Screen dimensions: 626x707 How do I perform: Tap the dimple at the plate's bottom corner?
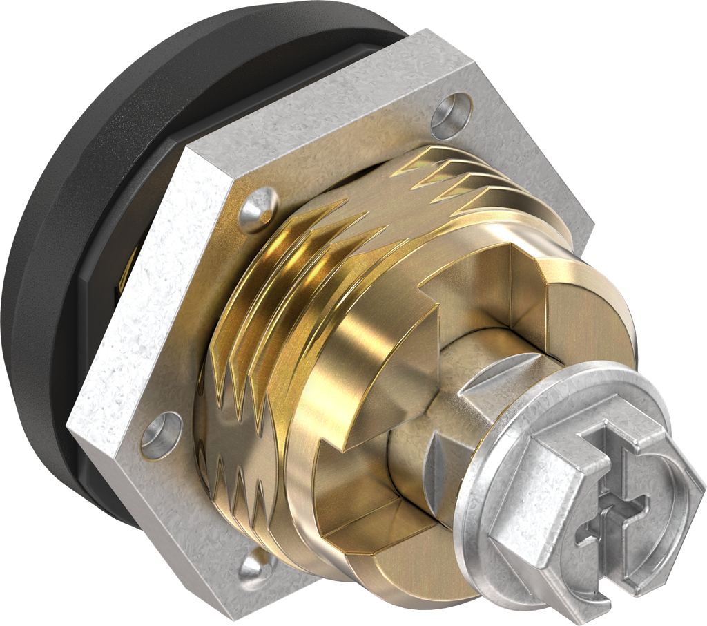tap(256, 565)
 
